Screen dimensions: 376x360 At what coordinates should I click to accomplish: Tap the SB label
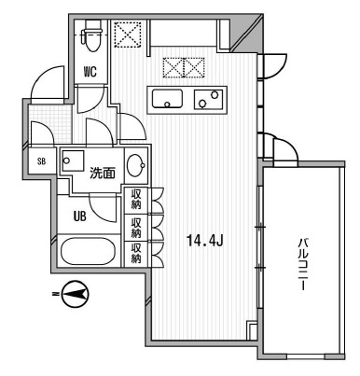[40, 161]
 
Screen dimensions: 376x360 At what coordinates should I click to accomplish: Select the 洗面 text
[101, 172]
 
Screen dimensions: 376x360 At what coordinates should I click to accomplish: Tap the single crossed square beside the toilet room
[125, 33]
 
